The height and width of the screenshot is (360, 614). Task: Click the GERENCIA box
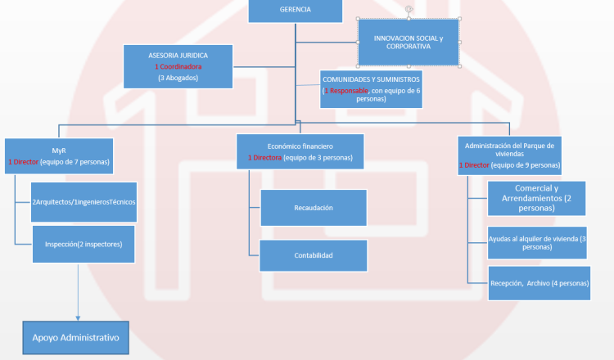point(296,10)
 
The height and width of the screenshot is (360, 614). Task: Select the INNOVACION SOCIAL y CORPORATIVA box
point(409,43)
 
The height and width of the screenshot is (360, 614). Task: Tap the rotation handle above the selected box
point(409,9)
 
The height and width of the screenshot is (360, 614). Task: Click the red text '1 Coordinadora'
point(178,66)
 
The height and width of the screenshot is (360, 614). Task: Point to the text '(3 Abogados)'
point(178,78)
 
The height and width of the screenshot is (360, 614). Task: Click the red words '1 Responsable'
point(346,91)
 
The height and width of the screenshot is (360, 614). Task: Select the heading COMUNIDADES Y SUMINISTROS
point(371,79)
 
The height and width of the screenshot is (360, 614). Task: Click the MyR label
point(59,151)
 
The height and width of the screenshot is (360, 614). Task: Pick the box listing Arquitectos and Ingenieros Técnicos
point(84,202)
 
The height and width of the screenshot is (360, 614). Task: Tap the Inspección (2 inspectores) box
point(84,244)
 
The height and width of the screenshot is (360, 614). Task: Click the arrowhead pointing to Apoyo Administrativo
point(78,318)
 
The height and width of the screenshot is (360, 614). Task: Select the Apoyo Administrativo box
point(75,338)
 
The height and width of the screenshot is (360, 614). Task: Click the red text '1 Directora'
point(264,158)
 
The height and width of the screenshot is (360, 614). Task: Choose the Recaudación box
point(314,208)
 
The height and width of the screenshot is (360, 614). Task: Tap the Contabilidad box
point(314,255)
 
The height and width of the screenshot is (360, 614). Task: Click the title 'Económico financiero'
point(300,146)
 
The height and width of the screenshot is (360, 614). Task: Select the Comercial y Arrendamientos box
point(536,198)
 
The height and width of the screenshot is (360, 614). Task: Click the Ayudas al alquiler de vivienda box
point(537,243)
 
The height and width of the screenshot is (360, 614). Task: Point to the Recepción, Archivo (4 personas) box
point(540,283)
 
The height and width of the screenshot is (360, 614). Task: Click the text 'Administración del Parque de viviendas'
point(509,150)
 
